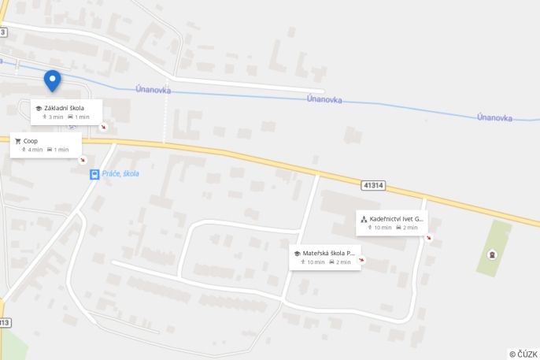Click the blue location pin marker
[x=52, y=80]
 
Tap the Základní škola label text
[x=64, y=108]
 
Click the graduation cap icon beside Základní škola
[x=39, y=108]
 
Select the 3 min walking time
[x=53, y=117]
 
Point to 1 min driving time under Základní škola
[x=79, y=117]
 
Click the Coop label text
[x=31, y=141]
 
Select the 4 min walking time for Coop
[x=32, y=150]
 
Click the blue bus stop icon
[x=94, y=174]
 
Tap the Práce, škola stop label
[x=120, y=173]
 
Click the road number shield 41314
[x=374, y=185]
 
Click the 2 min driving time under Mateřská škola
[x=344, y=262]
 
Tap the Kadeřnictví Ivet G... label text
[x=397, y=218]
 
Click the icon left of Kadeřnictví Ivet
[x=364, y=219]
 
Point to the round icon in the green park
[x=493, y=254]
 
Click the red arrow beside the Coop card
[x=83, y=160]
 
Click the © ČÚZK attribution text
[x=523, y=354]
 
